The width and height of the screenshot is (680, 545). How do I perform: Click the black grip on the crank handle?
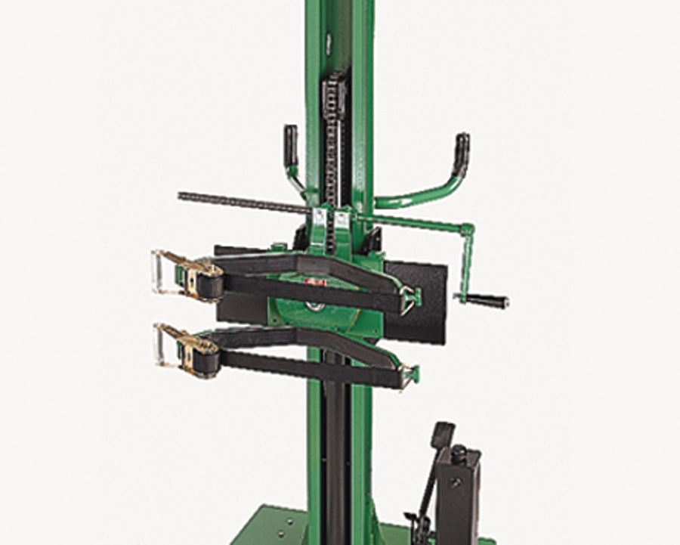(487, 301)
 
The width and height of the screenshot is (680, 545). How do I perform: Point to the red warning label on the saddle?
(316, 282)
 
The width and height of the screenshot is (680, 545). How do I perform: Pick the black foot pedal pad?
(443, 435)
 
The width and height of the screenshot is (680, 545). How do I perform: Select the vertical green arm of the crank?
(469, 261)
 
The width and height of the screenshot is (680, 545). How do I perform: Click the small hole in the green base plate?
(287, 522)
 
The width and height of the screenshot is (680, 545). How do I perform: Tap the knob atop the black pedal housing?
(459, 453)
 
